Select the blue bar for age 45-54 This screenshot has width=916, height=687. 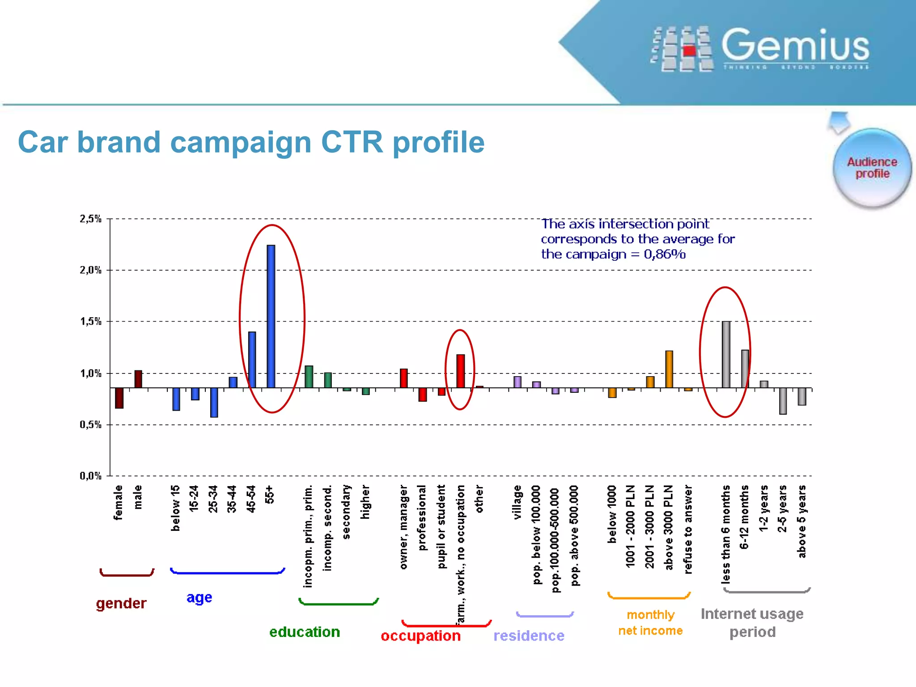tap(252, 360)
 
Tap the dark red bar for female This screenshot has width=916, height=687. tap(119, 398)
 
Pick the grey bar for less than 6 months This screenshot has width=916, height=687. tap(726, 354)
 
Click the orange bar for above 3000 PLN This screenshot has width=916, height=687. tap(669, 369)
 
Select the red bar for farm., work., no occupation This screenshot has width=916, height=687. tap(460, 371)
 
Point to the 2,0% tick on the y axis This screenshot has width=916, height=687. tap(90, 270)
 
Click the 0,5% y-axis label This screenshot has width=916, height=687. tap(90, 424)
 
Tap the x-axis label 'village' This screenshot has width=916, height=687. tap(517, 502)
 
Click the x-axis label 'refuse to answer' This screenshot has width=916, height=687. tap(688, 529)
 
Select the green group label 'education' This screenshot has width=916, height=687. tap(305, 632)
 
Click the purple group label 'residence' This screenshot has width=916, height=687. tap(529, 636)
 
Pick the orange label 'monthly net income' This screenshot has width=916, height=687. tap(650, 623)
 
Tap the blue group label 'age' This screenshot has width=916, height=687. tap(199, 598)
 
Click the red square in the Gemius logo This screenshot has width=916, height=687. tap(689, 51)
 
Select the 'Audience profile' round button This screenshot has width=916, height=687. tap(872, 168)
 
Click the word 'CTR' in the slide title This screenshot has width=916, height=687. tap(352, 142)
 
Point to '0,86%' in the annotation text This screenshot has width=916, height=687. tap(664, 254)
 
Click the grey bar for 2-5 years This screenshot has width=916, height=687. tap(783, 401)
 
